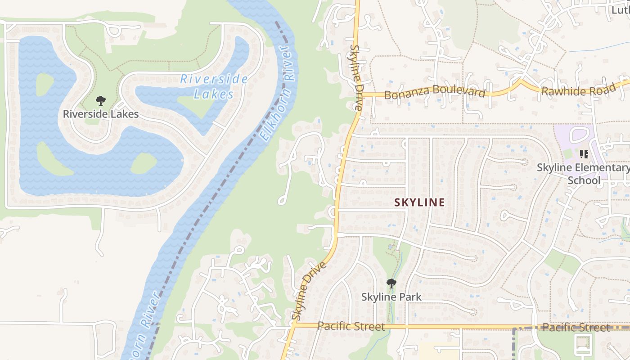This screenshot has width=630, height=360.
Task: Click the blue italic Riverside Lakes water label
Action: pos(214,86)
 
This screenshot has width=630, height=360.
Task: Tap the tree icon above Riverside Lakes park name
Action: pos(101,101)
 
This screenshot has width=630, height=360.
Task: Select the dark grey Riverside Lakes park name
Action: pos(101,114)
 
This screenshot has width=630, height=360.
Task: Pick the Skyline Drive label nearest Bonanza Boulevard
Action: pos(356,77)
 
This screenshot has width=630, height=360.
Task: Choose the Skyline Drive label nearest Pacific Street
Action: pos(309,291)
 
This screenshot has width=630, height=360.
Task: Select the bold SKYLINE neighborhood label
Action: pos(419,202)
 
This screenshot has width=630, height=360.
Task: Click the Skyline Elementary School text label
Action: pos(583,174)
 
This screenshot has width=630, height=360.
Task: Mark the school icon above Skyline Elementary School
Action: pos(584,155)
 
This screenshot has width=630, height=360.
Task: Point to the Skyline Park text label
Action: pos(391,297)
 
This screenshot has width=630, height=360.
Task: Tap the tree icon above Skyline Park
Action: pos(391,283)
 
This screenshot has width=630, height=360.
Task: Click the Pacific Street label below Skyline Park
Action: pos(351,326)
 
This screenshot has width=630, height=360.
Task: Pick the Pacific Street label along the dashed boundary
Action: pos(576,327)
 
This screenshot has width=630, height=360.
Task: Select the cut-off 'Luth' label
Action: pos(621,9)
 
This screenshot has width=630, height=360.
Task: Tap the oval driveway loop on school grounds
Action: pos(580,135)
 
